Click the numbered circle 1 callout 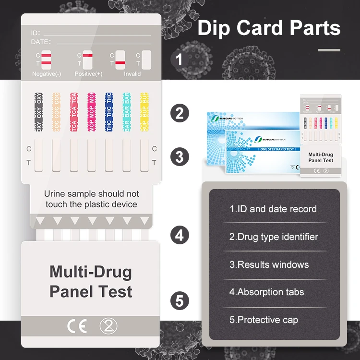click(x=180, y=60)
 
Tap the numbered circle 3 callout click(x=180, y=156)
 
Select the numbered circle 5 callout click(x=180, y=301)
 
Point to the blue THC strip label click(x=109, y=112)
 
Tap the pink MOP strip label click(x=91, y=112)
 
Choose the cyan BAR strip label click(x=127, y=112)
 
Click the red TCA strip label click(x=73, y=112)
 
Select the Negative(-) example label click(x=47, y=74)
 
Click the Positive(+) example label click(x=88, y=74)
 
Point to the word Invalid click(x=132, y=74)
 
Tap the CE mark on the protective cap click(x=76, y=326)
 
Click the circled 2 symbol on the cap click(x=108, y=326)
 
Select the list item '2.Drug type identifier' click(x=274, y=237)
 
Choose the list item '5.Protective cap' click(x=264, y=320)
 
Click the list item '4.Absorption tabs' click(x=266, y=292)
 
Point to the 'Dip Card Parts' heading click(x=269, y=28)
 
